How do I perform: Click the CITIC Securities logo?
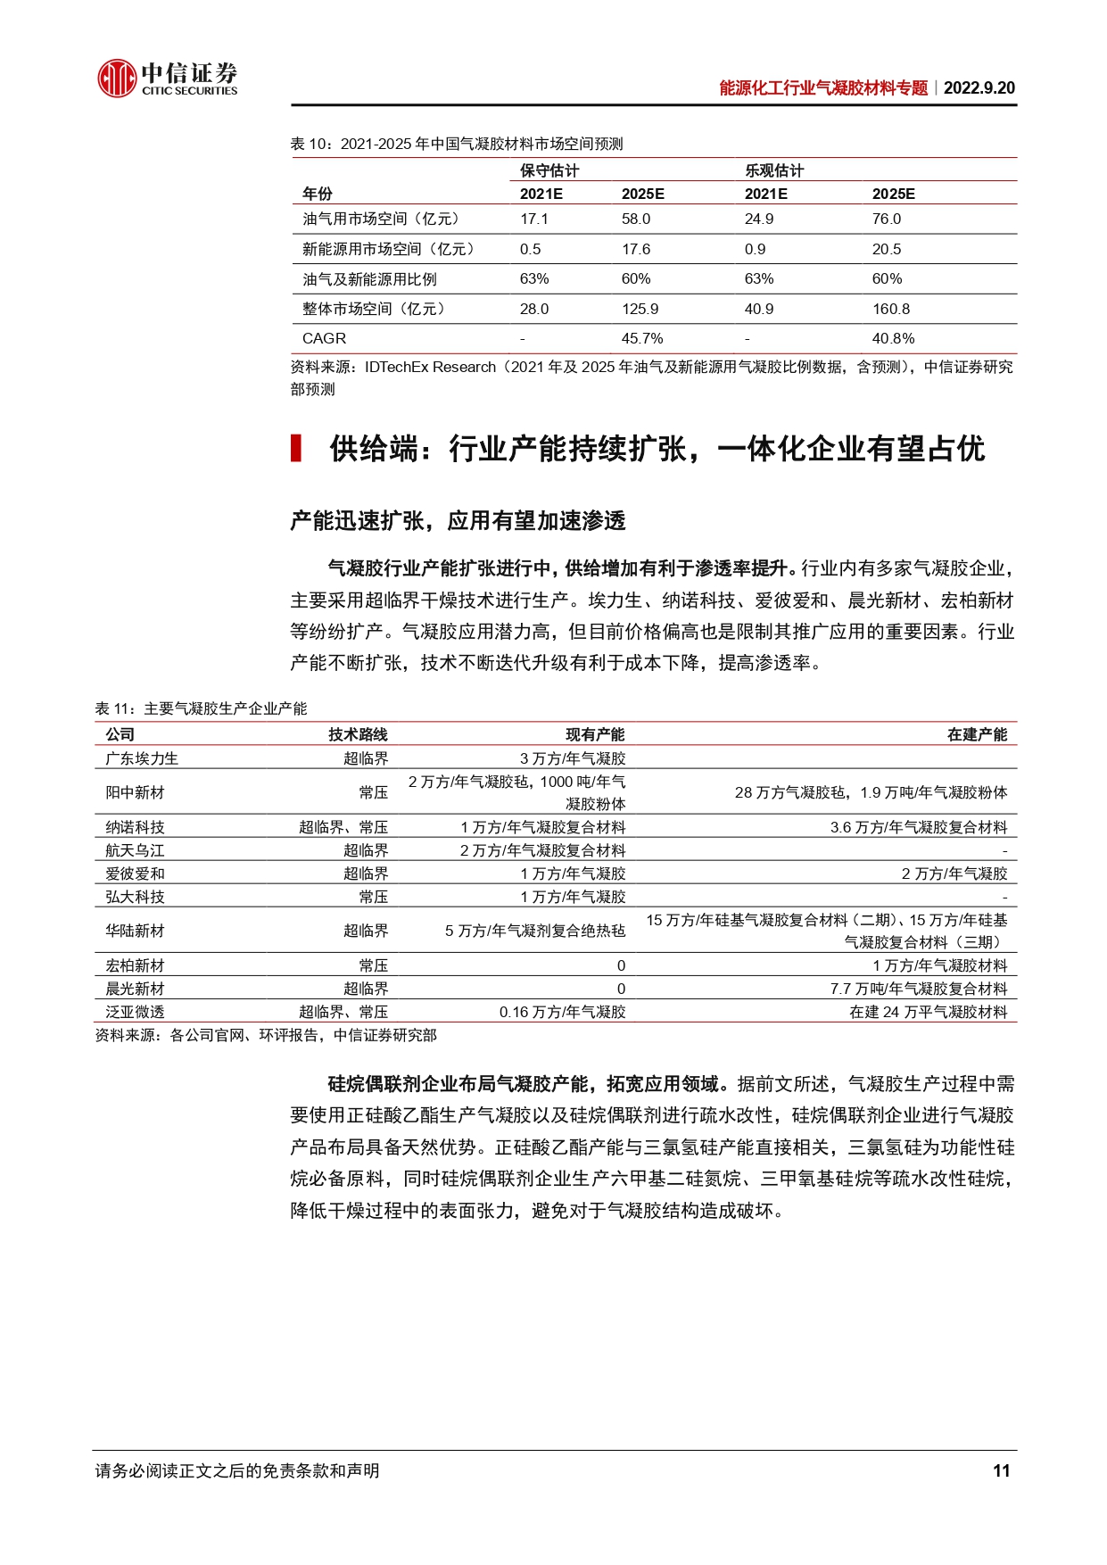tap(167, 79)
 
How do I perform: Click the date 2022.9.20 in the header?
tap(979, 87)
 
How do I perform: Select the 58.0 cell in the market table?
tap(636, 219)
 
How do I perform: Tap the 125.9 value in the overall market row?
tap(640, 309)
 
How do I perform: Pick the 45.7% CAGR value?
tap(642, 338)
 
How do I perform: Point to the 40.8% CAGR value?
tap(893, 338)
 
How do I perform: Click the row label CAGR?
tap(324, 338)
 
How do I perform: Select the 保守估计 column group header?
tap(549, 170)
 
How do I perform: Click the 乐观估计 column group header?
tap(774, 170)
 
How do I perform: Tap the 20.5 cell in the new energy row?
tap(887, 249)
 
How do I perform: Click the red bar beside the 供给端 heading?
tap(295, 448)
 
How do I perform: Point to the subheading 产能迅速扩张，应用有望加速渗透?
tap(458, 521)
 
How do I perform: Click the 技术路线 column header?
tap(358, 734)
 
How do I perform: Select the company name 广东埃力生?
tap(142, 758)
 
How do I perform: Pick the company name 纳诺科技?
tap(135, 827)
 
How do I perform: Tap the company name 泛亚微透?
tap(135, 1012)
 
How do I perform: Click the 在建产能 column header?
tap(977, 734)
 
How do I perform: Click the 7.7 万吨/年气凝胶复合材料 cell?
tap(918, 989)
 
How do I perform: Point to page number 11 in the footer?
tap(1001, 1470)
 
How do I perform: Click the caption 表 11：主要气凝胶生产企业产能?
tap(201, 708)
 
